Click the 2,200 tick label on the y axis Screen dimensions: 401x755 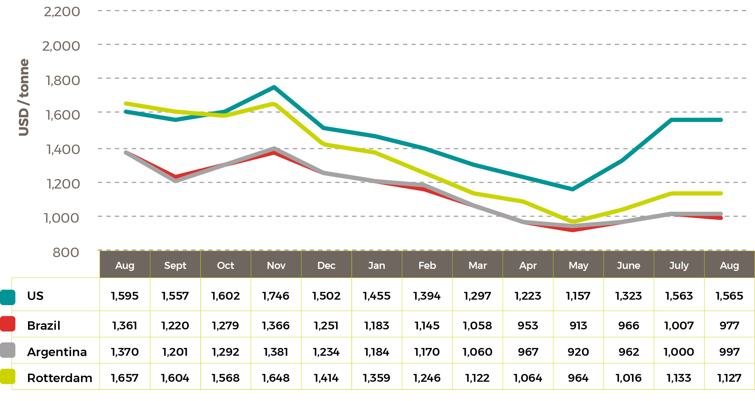tap(62, 12)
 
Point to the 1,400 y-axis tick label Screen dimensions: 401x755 tap(63, 149)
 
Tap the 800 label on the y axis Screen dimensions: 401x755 tap(66, 252)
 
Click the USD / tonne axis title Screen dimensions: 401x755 tap(24, 97)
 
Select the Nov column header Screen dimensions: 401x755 tap(276, 266)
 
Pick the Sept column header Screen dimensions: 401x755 tap(175, 266)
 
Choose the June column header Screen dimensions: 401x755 tap(628, 266)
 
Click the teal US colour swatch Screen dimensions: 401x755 tap(7, 297)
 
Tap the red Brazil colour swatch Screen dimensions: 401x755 tap(7, 324)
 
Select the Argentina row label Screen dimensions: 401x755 tap(57, 352)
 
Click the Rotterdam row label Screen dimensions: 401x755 tap(59, 378)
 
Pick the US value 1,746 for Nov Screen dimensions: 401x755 tap(276, 296)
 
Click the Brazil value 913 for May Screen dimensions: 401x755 tap(578, 326)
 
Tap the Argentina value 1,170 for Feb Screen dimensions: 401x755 tap(427, 352)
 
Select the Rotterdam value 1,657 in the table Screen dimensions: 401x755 tap(125, 378)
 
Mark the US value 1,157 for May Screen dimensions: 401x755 tap(578, 296)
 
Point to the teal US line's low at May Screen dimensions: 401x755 tap(573, 189)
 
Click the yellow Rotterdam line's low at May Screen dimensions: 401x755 tap(573, 222)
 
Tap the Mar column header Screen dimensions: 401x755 tap(477, 266)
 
